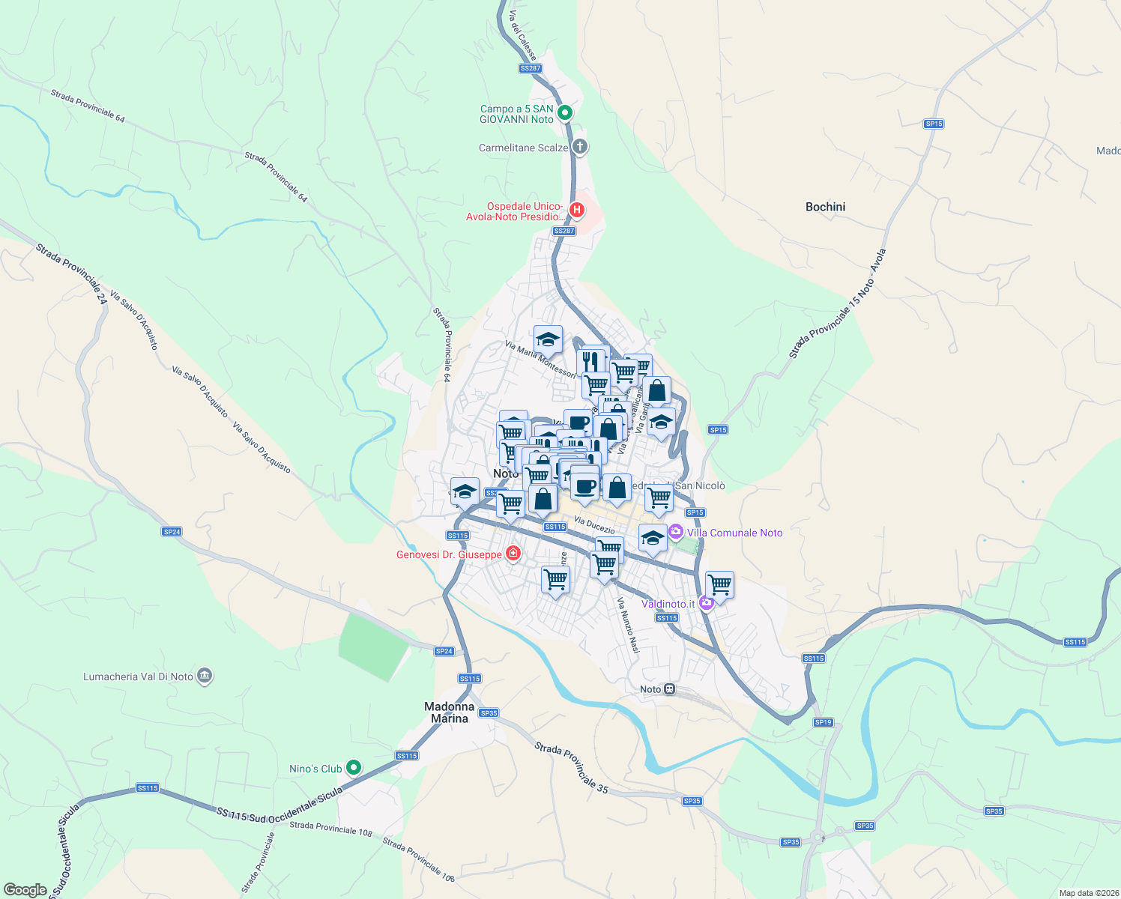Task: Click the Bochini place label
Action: click(x=825, y=207)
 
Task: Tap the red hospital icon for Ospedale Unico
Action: click(x=577, y=210)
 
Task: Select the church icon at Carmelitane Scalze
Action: click(x=579, y=146)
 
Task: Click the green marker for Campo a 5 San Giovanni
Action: click(x=566, y=113)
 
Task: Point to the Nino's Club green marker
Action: click(x=354, y=768)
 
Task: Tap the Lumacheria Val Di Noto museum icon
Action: click(x=205, y=676)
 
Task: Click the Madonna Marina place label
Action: click(x=450, y=712)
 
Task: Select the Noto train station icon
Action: click(x=670, y=689)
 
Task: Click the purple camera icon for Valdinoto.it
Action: click(x=706, y=603)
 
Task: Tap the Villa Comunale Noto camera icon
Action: click(x=676, y=532)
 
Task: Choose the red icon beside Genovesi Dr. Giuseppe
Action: click(x=513, y=554)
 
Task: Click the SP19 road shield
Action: click(x=823, y=722)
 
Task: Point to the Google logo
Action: click(x=25, y=890)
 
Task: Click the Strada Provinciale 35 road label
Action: click(x=571, y=767)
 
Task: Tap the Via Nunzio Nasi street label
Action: click(x=628, y=625)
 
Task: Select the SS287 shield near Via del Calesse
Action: click(x=530, y=68)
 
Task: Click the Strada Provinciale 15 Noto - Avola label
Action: click(x=838, y=304)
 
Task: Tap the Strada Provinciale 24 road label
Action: click(x=72, y=273)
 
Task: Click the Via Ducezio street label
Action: click(x=594, y=524)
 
